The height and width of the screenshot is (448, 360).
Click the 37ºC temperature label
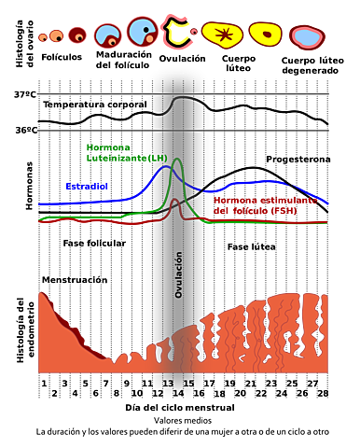click(x=25, y=94)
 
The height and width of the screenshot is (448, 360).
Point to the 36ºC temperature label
click(x=26, y=130)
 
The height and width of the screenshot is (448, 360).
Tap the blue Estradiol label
click(x=87, y=187)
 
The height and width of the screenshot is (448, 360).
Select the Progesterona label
click(x=298, y=160)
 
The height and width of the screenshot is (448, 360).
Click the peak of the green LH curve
click(x=177, y=159)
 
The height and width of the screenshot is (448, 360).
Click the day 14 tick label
click(x=178, y=393)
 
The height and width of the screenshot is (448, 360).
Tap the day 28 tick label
click(x=323, y=393)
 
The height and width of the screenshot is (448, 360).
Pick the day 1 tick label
click(x=44, y=384)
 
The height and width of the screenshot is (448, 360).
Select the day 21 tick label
click(x=250, y=384)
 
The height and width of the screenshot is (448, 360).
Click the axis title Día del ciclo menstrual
click(x=180, y=408)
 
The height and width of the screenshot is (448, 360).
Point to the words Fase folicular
click(x=94, y=244)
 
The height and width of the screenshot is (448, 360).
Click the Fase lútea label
click(x=252, y=247)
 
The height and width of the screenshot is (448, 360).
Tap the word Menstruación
click(x=75, y=280)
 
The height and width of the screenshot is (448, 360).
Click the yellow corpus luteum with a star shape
click(x=223, y=35)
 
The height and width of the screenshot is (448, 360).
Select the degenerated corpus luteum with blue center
click(x=307, y=37)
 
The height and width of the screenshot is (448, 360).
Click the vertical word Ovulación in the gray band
click(x=178, y=274)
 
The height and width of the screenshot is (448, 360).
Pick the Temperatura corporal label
click(x=95, y=105)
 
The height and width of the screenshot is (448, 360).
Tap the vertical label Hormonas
click(x=29, y=186)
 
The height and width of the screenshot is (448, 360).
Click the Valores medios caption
click(x=183, y=421)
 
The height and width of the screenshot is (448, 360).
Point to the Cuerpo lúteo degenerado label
click(x=312, y=65)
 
